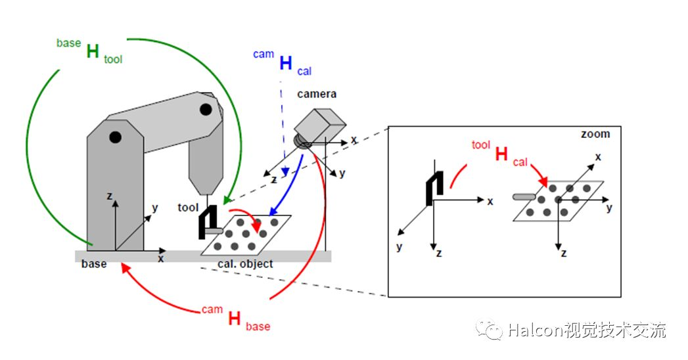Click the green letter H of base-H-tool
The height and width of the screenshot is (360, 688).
tap(93, 52)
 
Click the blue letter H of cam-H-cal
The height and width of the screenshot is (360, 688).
tap(286, 64)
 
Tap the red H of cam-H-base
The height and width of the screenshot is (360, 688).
tap(234, 319)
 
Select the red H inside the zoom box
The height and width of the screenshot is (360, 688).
tap(501, 154)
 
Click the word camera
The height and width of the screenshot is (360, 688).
tap(317, 94)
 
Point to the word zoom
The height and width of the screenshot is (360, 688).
tap(595, 134)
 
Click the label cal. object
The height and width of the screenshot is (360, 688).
tap(245, 264)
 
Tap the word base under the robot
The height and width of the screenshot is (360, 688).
tap(94, 264)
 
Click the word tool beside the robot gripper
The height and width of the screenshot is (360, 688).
tap(187, 208)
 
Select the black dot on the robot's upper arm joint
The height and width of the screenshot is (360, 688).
tap(206, 108)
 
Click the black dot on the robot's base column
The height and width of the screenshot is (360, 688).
tap(116, 137)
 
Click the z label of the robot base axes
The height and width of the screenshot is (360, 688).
tap(108, 196)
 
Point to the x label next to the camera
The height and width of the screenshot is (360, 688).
tap(354, 140)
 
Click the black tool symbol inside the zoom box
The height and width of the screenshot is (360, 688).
tap(432, 187)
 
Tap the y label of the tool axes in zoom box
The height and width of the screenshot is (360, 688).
tap(399, 247)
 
